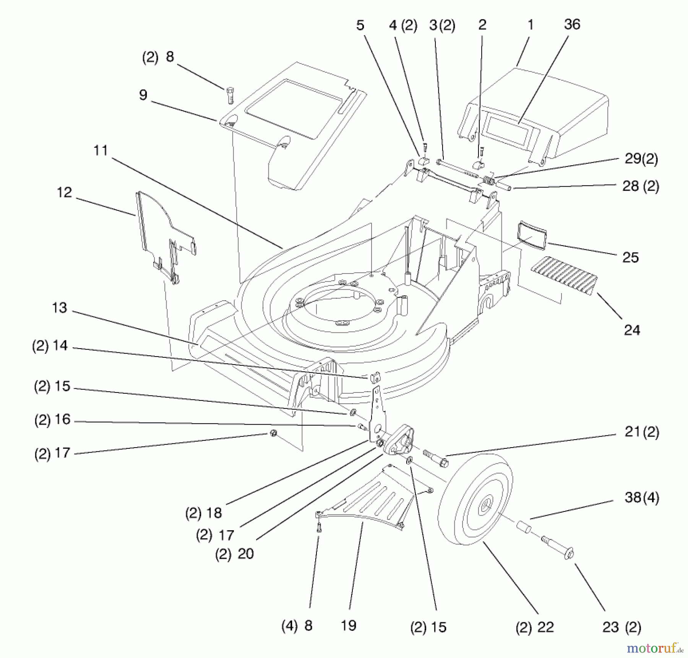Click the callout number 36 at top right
coord(572,24)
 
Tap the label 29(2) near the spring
coord(641,159)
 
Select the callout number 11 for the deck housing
coord(101,150)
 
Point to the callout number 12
coord(64,192)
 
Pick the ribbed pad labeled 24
coord(564,275)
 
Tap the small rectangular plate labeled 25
coord(532,235)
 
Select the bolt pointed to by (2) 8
coord(229,95)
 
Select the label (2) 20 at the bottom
coord(234,554)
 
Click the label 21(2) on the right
coord(641,432)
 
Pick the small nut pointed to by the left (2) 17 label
coord(273,433)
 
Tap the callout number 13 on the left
coord(59,308)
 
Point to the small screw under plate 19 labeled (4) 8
coord(319,528)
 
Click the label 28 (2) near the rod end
coord(641,186)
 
